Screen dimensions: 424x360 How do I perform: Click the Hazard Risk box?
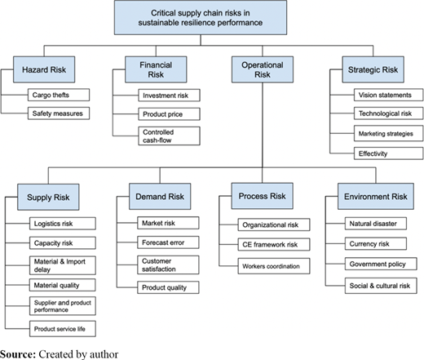coord(44,69)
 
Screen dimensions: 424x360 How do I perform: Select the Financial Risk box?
coord(156,69)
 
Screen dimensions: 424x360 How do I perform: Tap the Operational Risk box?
coord(263,69)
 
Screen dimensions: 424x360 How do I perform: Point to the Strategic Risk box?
coord(373,69)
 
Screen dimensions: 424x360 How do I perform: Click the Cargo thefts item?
coord(59,95)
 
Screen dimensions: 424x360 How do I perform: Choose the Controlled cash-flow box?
coord(169,136)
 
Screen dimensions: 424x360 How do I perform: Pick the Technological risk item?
coord(389,113)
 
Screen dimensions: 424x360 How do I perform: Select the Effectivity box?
coord(389,153)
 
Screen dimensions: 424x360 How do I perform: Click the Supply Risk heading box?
coord(48,197)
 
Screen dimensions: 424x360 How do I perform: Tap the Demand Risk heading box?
coord(160,197)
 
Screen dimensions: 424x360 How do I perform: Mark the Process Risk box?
coord(263,196)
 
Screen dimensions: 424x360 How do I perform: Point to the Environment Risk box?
coord(376,197)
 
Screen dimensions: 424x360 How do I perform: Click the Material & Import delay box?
coord(63,265)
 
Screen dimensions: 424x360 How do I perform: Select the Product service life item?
coord(63,329)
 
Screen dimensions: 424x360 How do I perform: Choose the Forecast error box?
coord(168,242)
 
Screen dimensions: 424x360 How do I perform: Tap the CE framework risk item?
coord(274,244)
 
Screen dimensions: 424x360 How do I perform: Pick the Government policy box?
coord(381,264)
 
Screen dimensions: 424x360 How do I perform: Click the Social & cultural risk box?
coord(381,286)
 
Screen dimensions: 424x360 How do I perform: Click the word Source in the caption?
coord(18,354)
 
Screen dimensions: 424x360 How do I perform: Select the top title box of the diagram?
coord(201,18)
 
